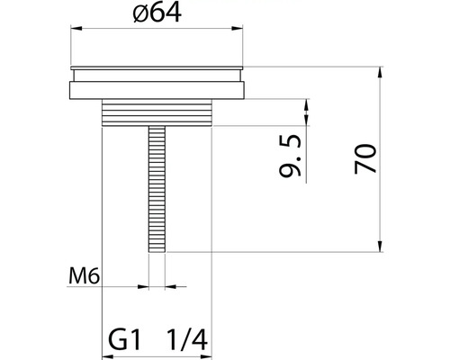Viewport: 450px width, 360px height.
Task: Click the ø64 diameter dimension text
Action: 157,15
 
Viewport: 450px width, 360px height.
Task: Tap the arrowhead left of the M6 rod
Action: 144,287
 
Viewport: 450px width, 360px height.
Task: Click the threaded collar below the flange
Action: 157,112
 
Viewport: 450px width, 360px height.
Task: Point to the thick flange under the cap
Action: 157,90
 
